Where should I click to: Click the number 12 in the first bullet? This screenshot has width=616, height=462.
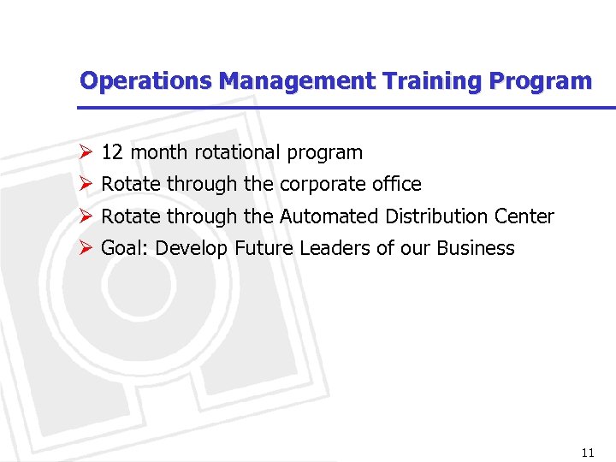pos(111,153)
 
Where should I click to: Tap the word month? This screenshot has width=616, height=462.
pos(159,153)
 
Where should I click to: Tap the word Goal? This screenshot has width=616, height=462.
pos(125,249)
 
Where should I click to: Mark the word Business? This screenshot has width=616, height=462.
pos(476,249)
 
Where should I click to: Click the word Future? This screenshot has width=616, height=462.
pos(263,249)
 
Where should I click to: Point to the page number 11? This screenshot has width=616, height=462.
pos(587,453)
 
